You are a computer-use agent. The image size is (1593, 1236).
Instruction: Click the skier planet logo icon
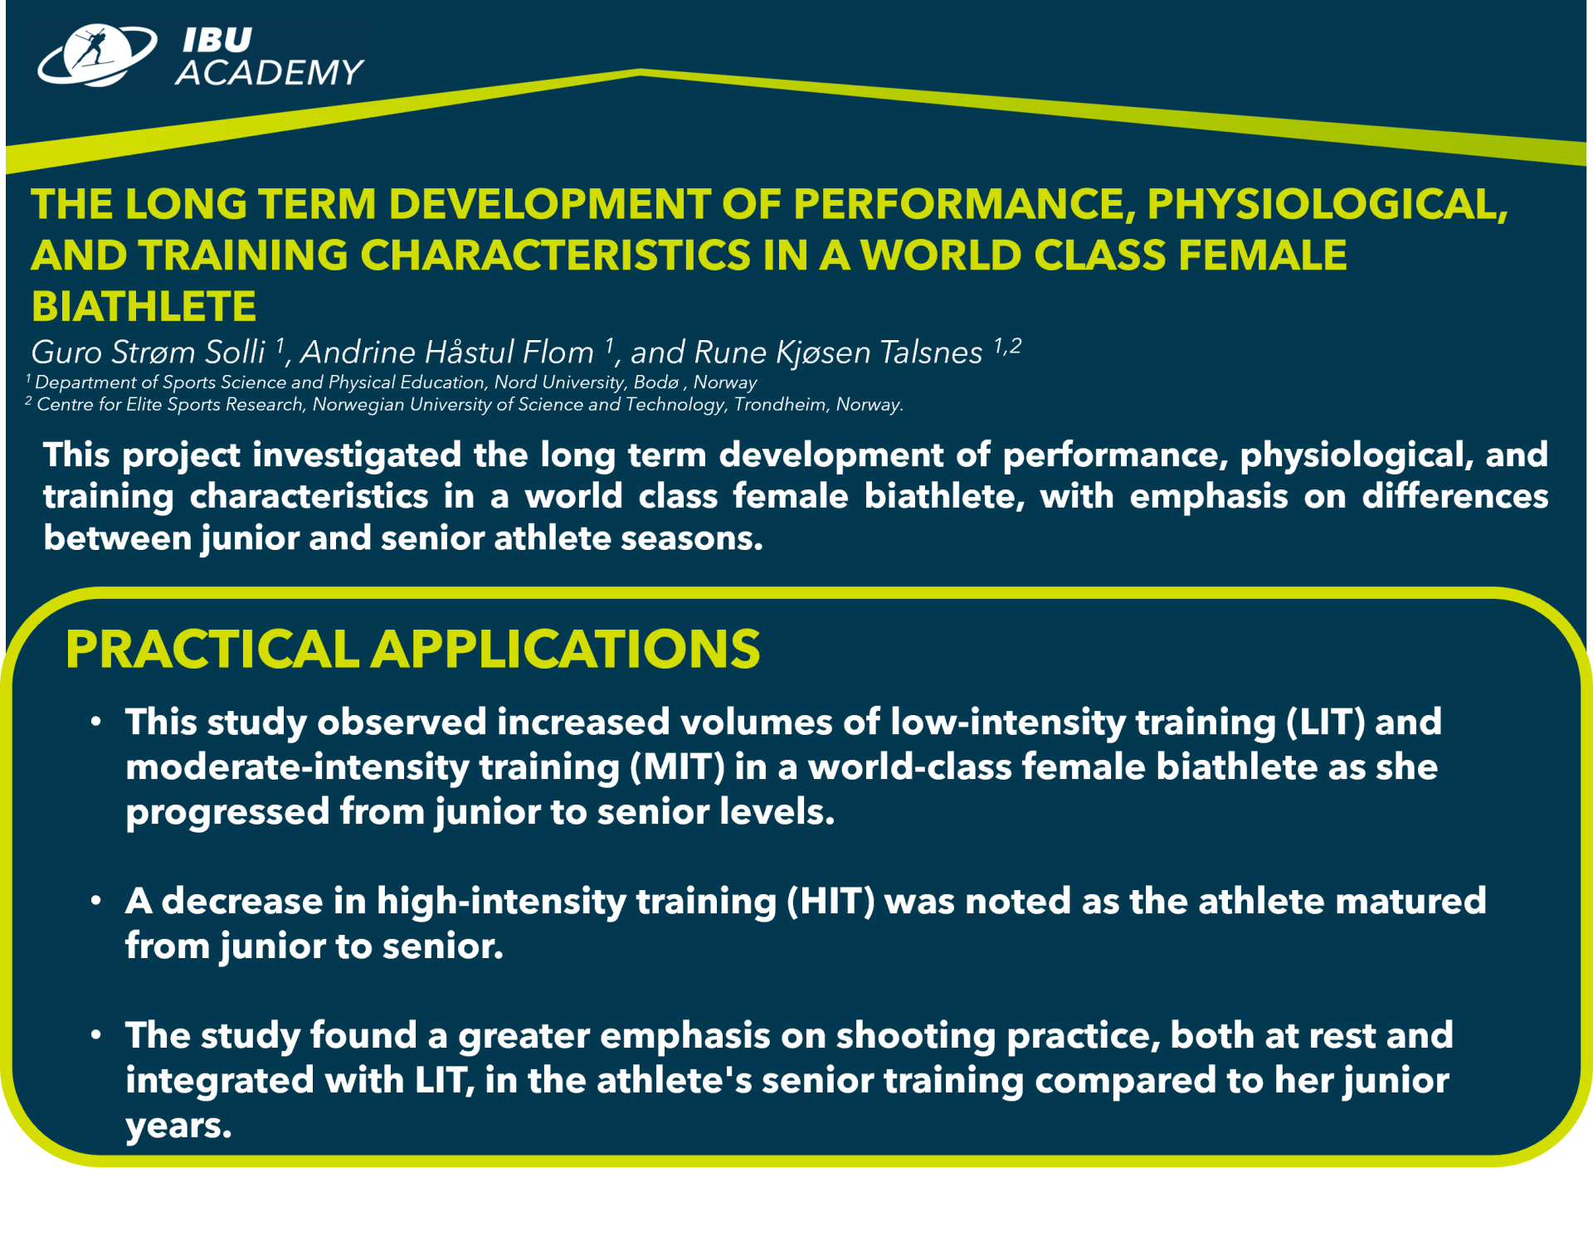point(97,55)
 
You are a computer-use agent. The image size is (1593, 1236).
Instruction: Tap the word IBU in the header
point(217,40)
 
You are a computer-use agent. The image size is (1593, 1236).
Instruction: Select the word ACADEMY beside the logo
point(270,72)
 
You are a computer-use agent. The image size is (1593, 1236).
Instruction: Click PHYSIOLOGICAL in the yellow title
point(1327,204)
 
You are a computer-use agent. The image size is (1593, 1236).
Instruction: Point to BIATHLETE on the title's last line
point(144,306)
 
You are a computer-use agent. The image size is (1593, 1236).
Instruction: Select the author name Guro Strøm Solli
point(148,353)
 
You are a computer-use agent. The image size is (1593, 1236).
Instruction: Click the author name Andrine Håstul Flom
point(446,353)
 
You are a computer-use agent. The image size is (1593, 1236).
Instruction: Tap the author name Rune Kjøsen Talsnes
point(837,353)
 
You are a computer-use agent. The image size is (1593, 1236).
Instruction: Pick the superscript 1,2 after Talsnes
point(1007,345)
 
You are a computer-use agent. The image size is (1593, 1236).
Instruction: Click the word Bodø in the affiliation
point(656,382)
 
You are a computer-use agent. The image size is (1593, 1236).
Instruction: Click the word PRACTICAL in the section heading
point(212,649)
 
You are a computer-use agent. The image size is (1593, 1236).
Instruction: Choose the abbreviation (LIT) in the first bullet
point(1325,722)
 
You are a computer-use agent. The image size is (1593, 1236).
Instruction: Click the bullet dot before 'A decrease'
point(96,900)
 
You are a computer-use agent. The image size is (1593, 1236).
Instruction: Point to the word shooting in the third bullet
point(915,1036)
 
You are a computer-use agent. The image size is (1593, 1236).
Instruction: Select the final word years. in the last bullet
point(178,1127)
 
